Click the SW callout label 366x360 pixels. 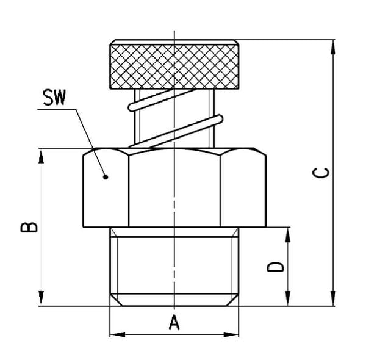(54, 98)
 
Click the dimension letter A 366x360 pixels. (174, 322)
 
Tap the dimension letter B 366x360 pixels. (29, 228)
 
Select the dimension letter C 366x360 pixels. (321, 173)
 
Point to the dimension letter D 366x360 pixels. (276, 267)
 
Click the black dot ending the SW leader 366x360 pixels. (106, 177)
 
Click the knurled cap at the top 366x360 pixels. (174, 65)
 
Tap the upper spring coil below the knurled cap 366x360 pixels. (162, 99)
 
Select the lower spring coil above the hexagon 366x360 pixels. (176, 132)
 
